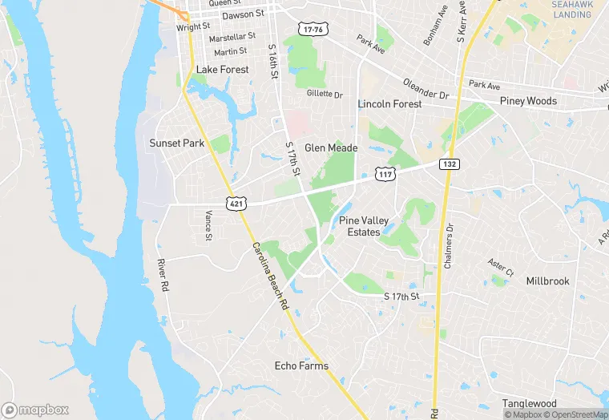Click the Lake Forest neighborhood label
pos(223,70)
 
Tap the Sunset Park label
pos(177,143)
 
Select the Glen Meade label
pos(331,147)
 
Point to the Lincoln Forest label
pos(389,104)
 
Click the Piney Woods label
pos(528,101)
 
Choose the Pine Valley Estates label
pos(359,226)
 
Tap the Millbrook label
pos(548,281)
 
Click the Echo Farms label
pos(301,366)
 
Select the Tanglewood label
pos(530,403)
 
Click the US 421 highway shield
pos(236,204)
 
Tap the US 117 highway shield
pos(386,174)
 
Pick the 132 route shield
pos(449,164)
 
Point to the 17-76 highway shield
pos(313,30)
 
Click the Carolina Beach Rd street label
pos(270,277)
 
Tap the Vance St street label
pos(208,225)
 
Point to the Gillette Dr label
pos(325,95)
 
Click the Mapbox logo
pos(35,410)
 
